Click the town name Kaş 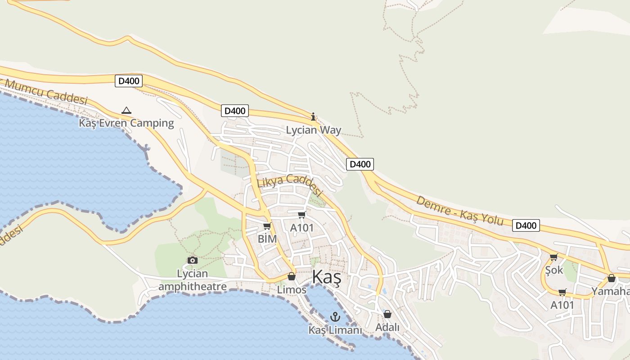pyautogui.click(x=326, y=278)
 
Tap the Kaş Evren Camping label pyautogui.click(x=126, y=123)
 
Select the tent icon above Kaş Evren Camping pyautogui.click(x=126, y=110)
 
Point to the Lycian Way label pyautogui.click(x=314, y=130)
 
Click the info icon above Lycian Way pyautogui.click(x=314, y=117)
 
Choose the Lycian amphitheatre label pyautogui.click(x=192, y=280)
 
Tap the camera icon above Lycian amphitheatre pyautogui.click(x=192, y=260)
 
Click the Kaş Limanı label pyautogui.click(x=335, y=330)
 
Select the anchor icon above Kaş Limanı pyautogui.click(x=335, y=317)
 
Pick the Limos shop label pyautogui.click(x=292, y=290)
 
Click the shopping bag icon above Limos pyautogui.click(x=292, y=276)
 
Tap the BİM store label pyautogui.click(x=267, y=239)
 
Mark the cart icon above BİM pyautogui.click(x=267, y=226)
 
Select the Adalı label pyautogui.click(x=387, y=327)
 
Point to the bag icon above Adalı pyautogui.click(x=387, y=314)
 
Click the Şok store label pyautogui.click(x=554, y=270)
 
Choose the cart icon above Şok pyautogui.click(x=553, y=257)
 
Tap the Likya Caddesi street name pyautogui.click(x=290, y=185)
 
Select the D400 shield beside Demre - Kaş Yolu pyautogui.click(x=526, y=225)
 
